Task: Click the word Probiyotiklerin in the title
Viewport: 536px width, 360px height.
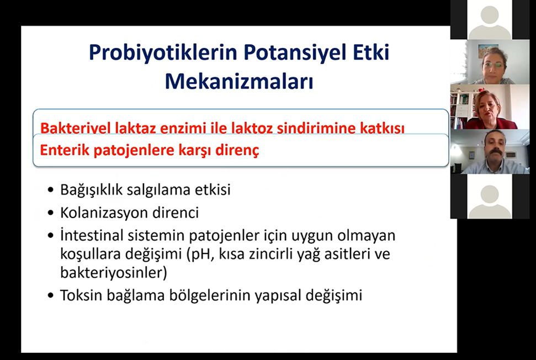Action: tap(163, 53)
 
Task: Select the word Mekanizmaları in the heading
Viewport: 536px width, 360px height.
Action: tap(239, 81)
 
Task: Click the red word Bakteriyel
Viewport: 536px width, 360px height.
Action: tap(75, 128)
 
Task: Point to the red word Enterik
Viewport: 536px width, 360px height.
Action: tap(64, 150)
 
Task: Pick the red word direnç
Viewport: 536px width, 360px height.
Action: tap(237, 150)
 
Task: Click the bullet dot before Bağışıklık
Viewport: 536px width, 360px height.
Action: tap(51, 189)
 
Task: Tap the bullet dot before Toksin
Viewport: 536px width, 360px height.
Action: tap(51, 295)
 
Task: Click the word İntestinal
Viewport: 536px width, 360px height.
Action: tap(92, 235)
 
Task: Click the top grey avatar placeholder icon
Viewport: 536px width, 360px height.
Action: tap(490, 20)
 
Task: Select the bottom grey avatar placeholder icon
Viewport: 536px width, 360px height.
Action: tap(490, 201)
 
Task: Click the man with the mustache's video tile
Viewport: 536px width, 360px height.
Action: tap(490, 152)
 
